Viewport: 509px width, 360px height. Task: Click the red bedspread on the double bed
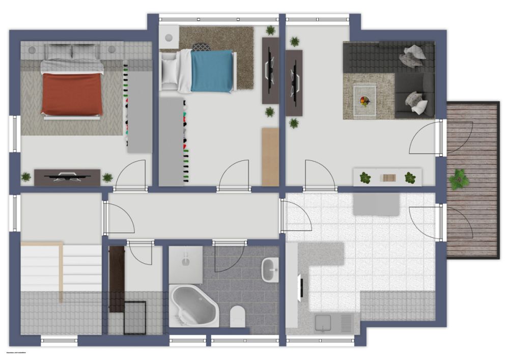pos(71,94)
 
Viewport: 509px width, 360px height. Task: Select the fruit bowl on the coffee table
pos(364,100)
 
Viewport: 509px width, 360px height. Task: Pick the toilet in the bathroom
pos(237,316)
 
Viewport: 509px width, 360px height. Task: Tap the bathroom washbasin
pos(270,268)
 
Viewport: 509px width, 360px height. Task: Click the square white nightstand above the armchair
pos(169,37)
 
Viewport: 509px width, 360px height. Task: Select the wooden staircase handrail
pos(61,272)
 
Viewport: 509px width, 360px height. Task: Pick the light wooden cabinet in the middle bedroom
pos(270,157)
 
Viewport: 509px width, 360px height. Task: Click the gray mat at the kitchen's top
pos(376,204)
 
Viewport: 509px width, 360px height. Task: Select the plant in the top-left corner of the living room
pos(294,41)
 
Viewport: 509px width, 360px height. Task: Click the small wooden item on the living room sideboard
pos(388,178)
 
